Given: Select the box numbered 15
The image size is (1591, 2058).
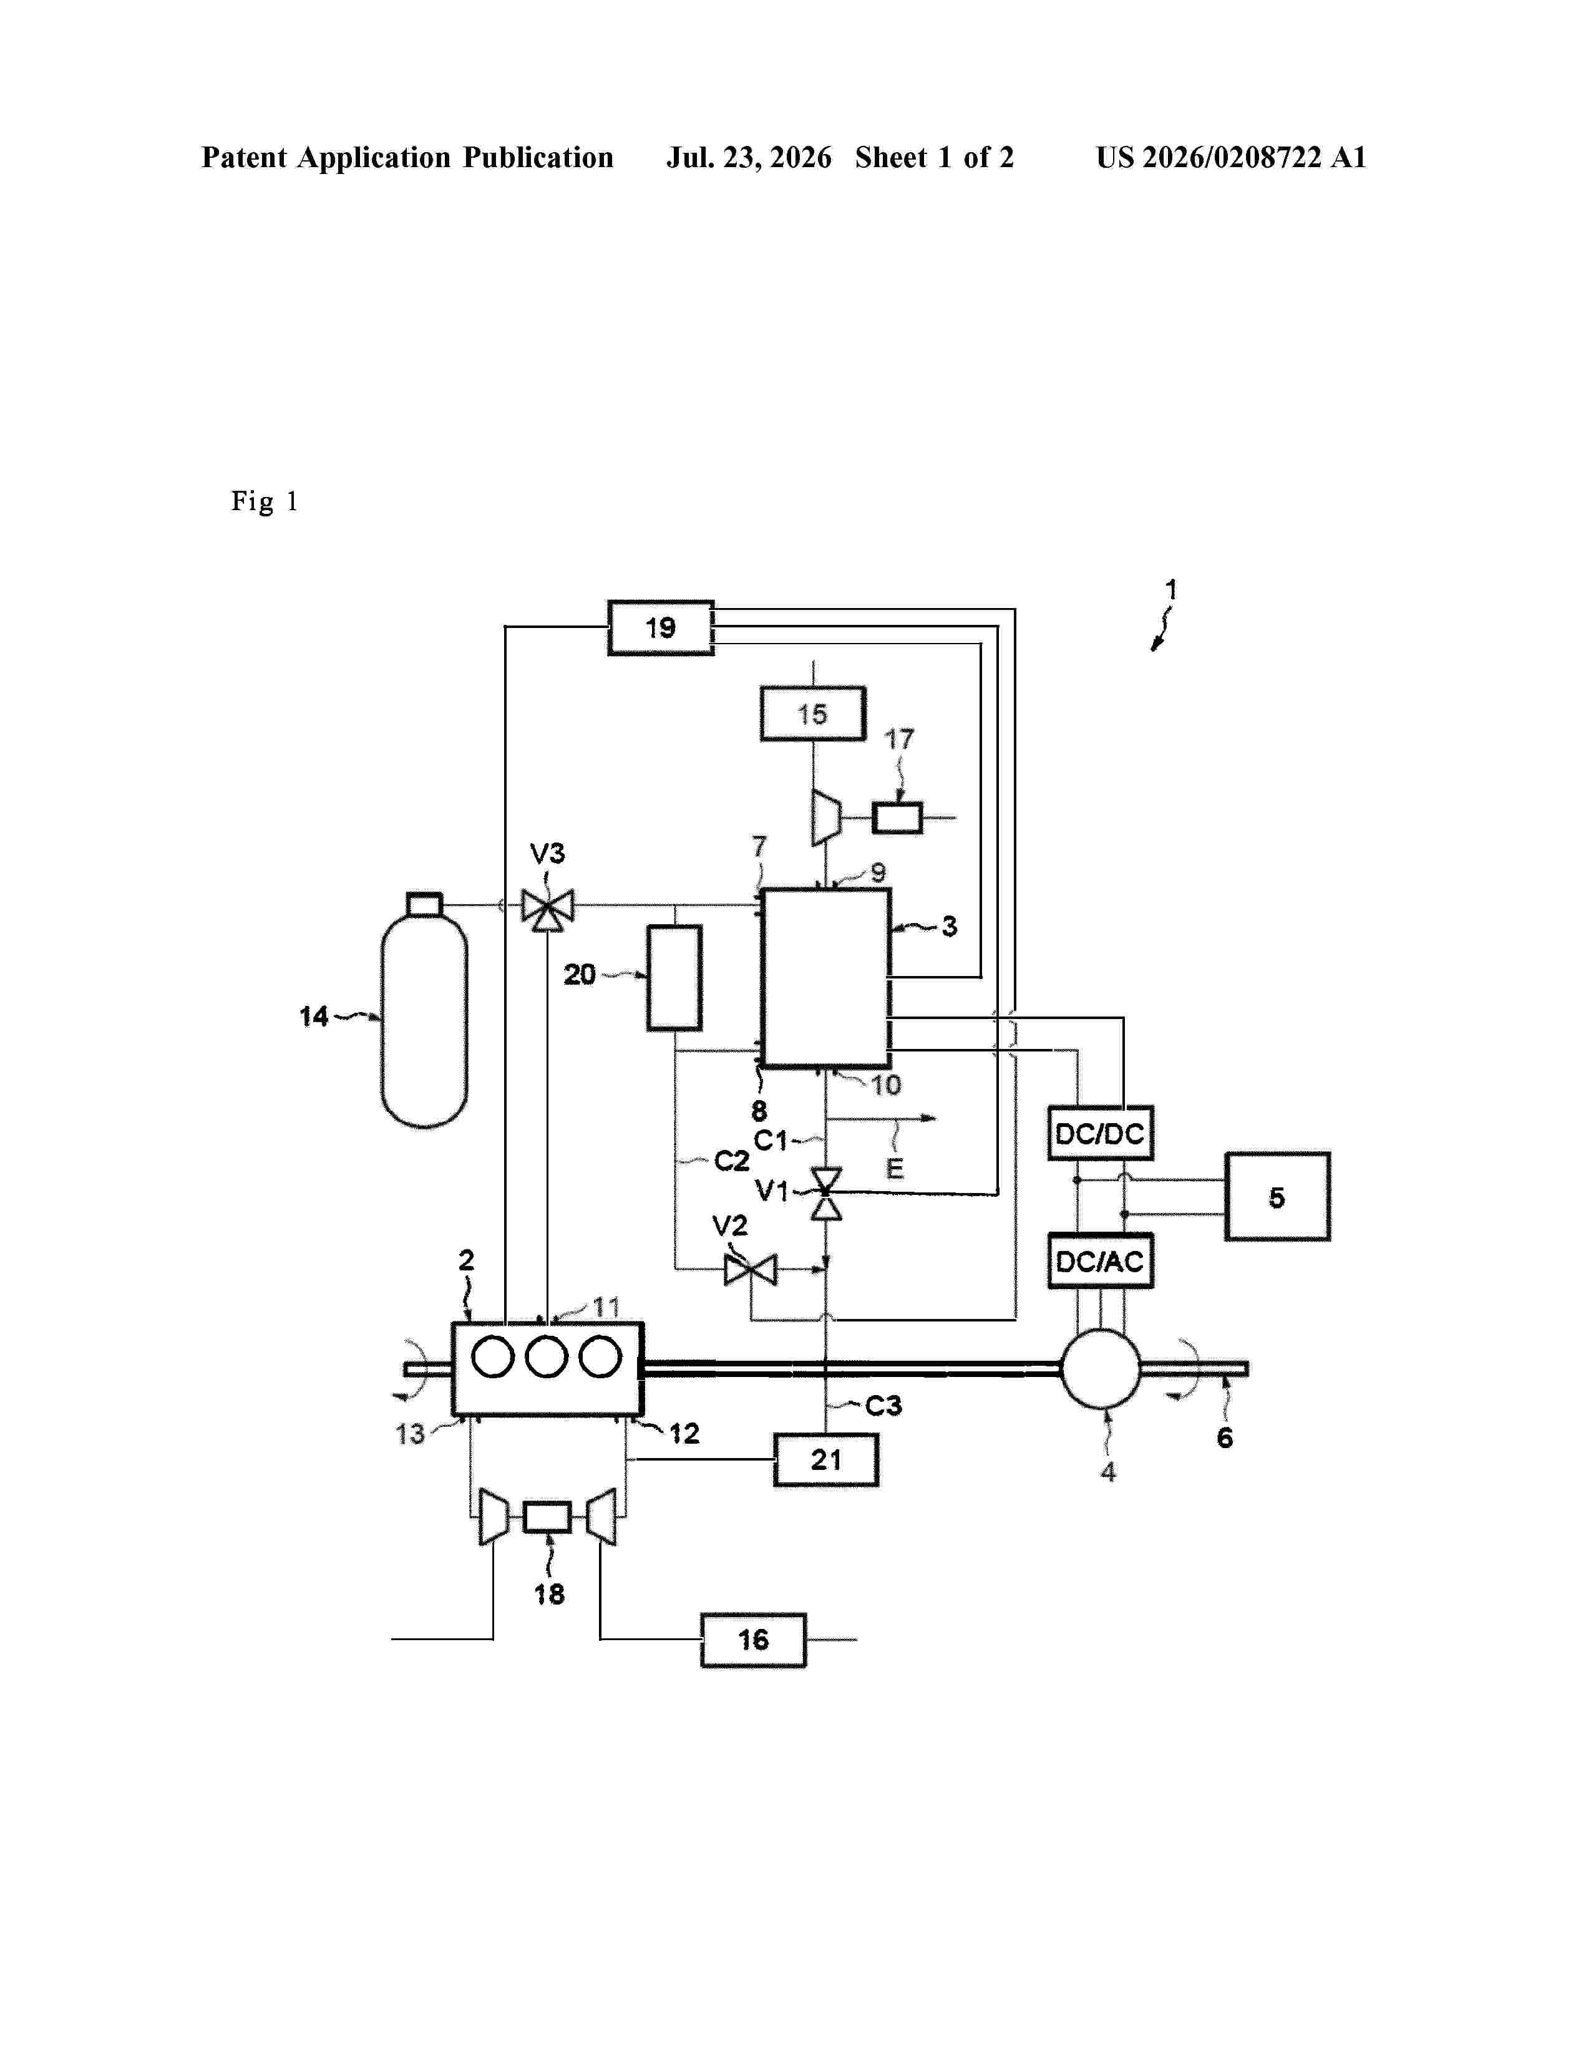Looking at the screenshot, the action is tap(812, 713).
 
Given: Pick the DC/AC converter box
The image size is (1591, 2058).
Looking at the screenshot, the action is tap(1100, 1261).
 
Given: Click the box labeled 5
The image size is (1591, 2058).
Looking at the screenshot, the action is tap(1277, 1197).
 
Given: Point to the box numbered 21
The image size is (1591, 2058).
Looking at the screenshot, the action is tap(825, 1460).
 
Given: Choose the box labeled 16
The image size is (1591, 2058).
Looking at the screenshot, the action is tap(753, 1640).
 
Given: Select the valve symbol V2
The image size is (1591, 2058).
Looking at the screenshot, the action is tap(750, 1269).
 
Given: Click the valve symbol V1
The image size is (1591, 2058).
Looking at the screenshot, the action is tap(827, 1194).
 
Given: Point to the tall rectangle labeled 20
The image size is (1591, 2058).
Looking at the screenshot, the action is tap(674, 977).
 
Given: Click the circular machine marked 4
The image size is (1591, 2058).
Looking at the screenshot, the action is tap(1101, 1368).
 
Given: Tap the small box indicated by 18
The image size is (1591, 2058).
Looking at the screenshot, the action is tap(547, 1517).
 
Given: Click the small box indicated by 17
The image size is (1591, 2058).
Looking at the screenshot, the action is tap(897, 817).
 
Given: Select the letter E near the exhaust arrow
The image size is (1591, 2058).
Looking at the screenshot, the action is tap(895, 1169).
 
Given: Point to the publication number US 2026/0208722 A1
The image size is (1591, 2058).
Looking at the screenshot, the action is tap(1231, 157).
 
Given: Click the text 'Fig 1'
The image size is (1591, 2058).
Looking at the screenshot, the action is tap(265, 501).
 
